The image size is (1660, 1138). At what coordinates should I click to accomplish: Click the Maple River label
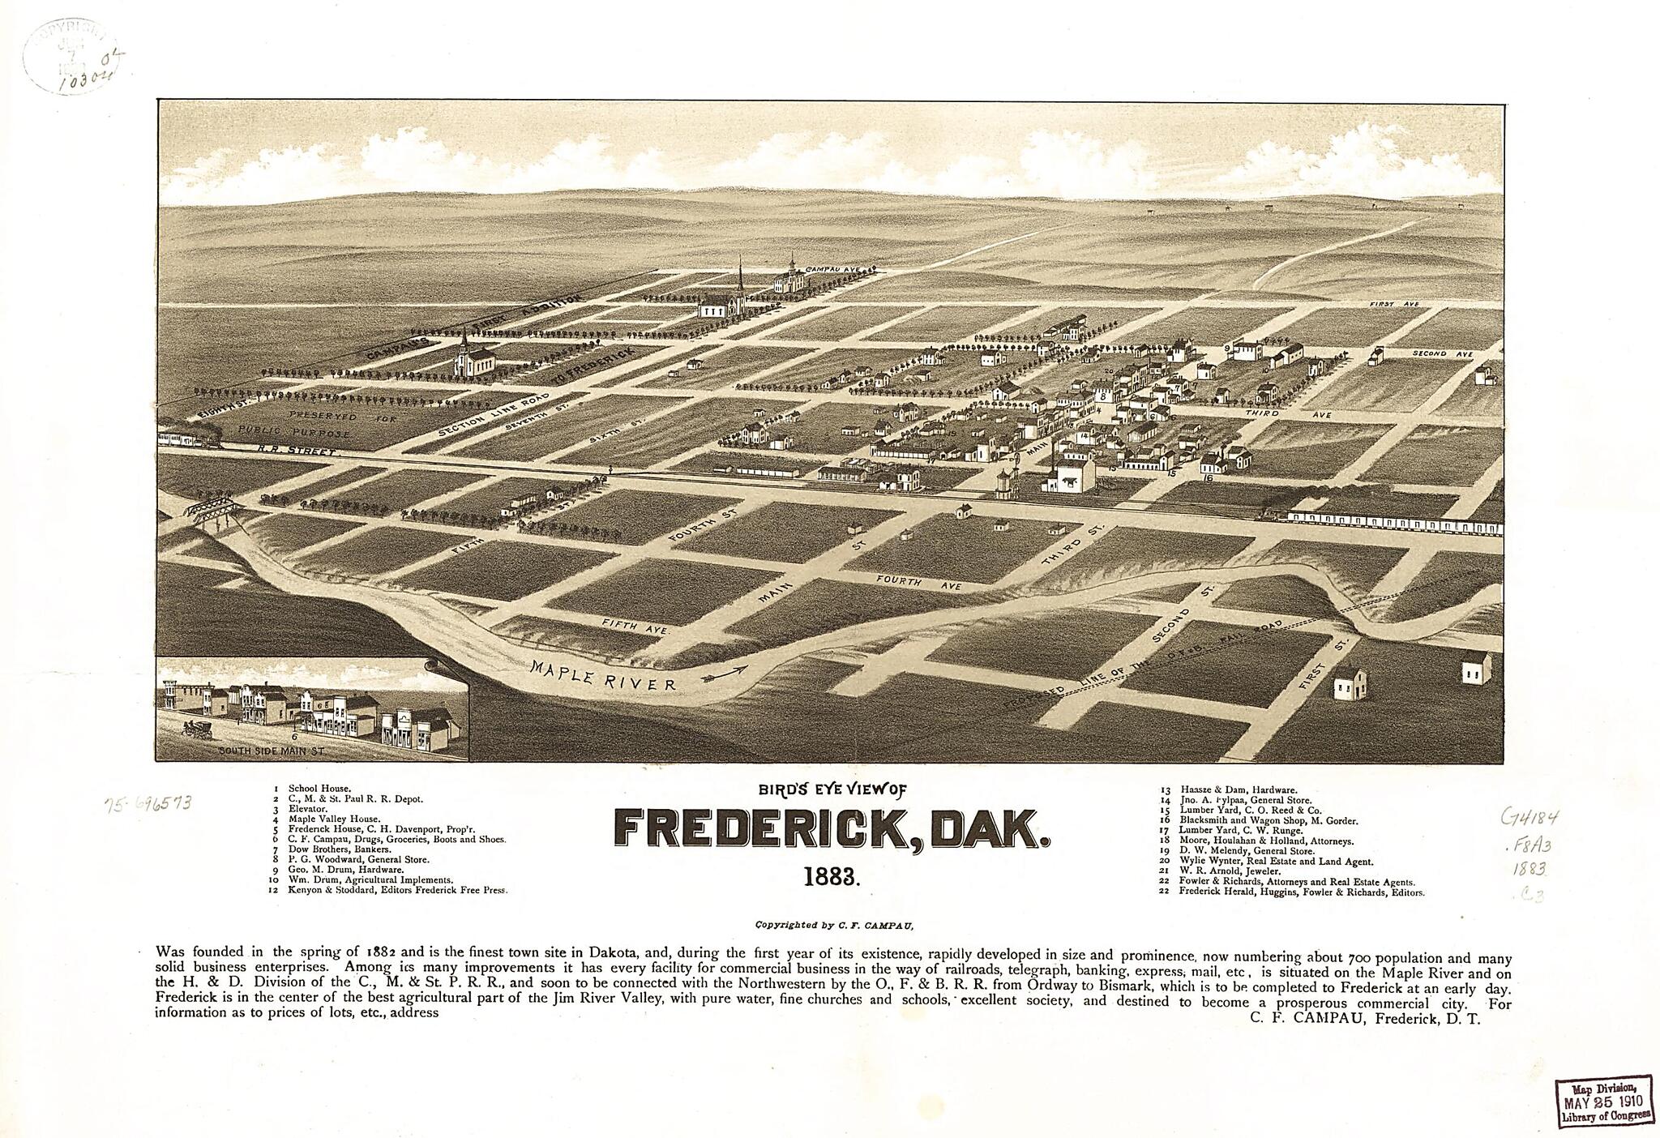click(603, 672)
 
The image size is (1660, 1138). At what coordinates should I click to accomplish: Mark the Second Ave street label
click(1442, 354)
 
